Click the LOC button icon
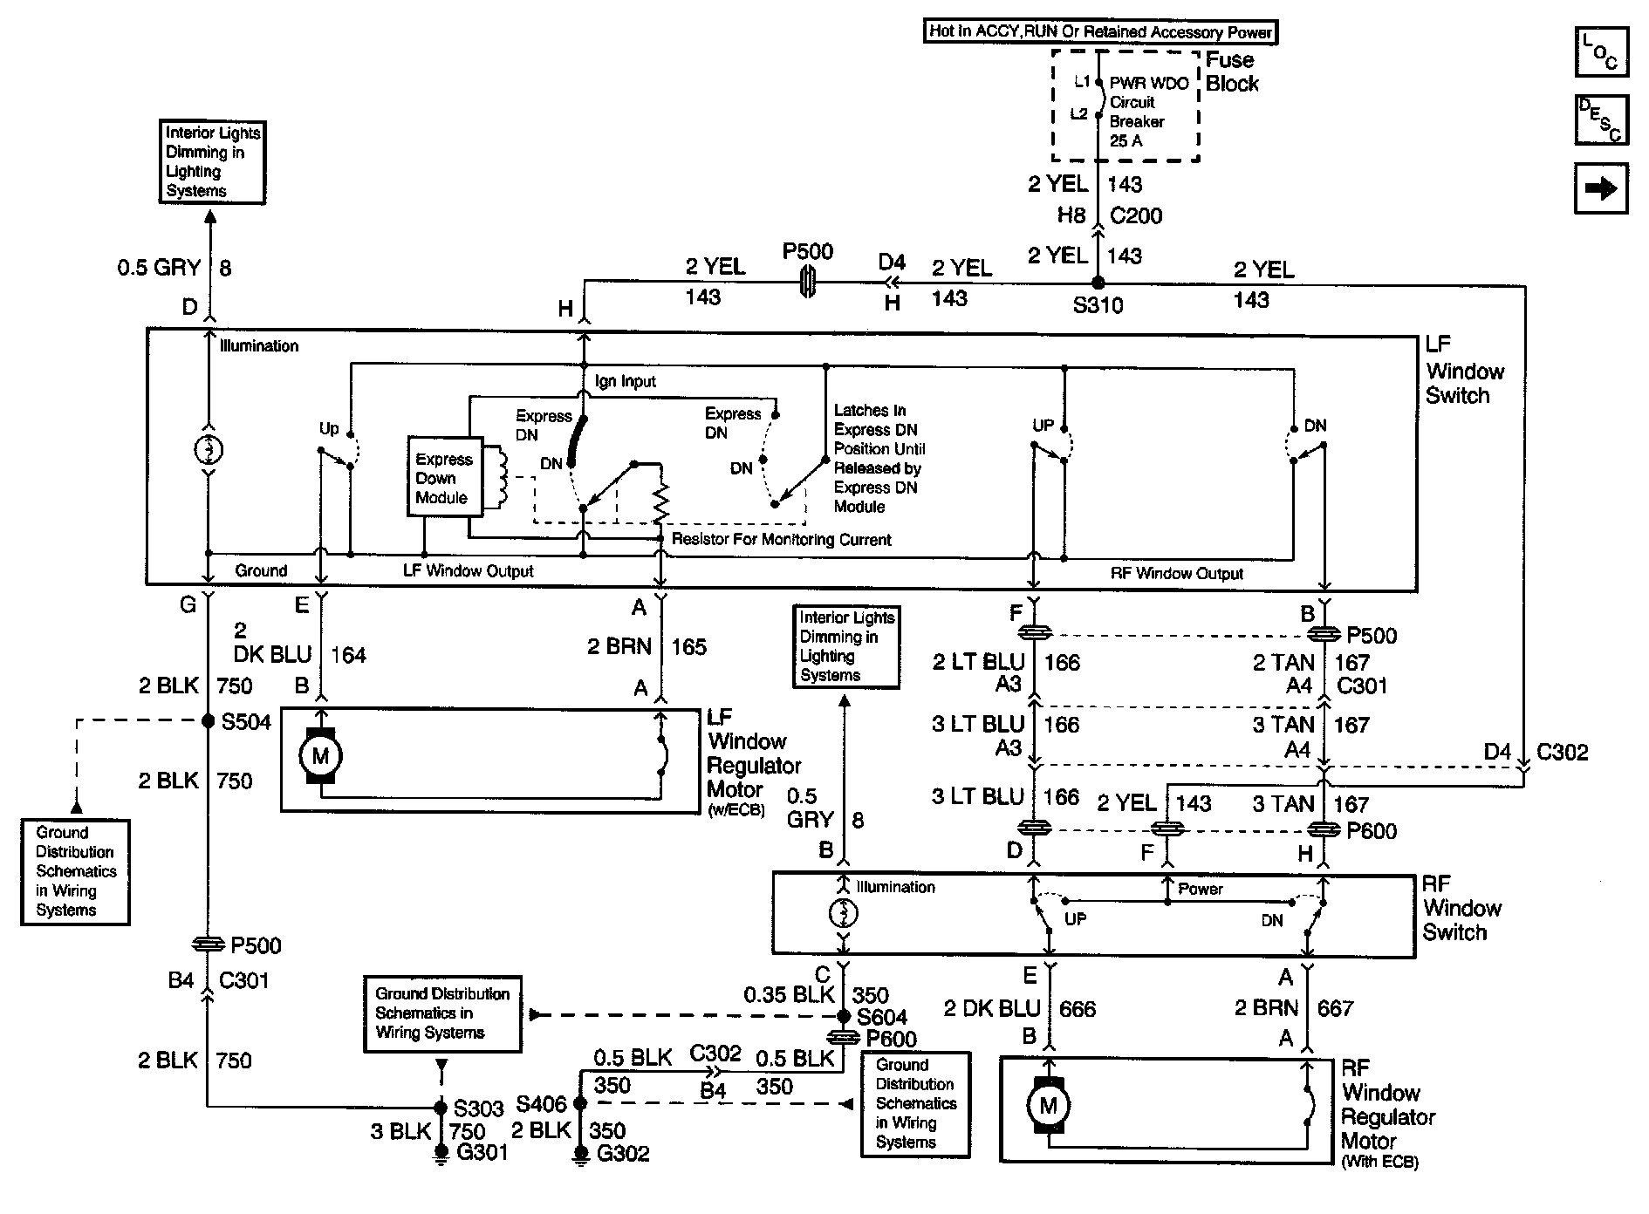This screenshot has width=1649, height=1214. tap(1600, 51)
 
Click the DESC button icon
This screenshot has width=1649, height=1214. tap(1600, 119)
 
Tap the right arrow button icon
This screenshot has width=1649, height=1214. tap(1600, 188)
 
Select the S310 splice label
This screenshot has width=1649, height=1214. tap(1098, 305)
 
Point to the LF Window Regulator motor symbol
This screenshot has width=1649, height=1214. tap(320, 755)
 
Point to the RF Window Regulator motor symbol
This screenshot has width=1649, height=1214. tap(1048, 1107)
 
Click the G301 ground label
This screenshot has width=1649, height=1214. tap(482, 1152)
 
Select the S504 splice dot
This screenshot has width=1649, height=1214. tap(208, 721)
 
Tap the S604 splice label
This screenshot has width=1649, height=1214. tap(882, 1017)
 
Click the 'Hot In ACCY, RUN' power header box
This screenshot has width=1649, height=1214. tap(1100, 32)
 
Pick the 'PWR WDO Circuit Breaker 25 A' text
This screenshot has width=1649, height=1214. tap(1148, 112)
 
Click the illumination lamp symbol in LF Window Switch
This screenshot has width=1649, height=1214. tap(208, 450)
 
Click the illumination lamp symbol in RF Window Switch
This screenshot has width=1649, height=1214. tap(843, 913)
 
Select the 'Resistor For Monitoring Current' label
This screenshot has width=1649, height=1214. tap(781, 540)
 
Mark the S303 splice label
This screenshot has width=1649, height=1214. tap(478, 1108)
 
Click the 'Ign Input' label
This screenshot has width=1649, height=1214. tap(625, 381)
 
